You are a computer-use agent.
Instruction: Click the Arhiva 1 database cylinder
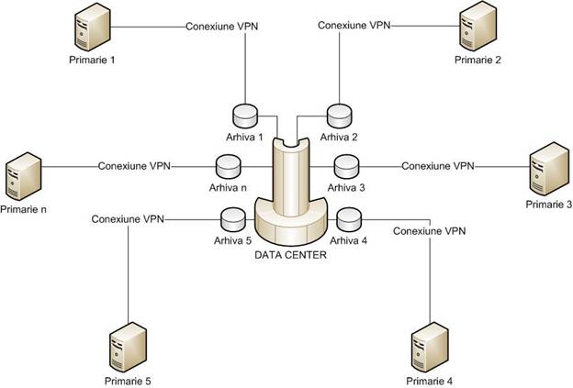245,116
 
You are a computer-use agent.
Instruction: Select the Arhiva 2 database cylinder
339,116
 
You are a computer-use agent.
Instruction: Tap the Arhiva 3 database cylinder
347,167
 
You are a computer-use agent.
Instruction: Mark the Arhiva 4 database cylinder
350,221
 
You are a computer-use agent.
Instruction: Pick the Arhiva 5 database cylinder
233,220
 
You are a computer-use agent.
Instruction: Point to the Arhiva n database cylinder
228,167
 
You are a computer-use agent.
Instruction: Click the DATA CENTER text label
291,255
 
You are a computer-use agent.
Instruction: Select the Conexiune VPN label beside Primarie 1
222,27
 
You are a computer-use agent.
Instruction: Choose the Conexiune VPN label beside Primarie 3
438,167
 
